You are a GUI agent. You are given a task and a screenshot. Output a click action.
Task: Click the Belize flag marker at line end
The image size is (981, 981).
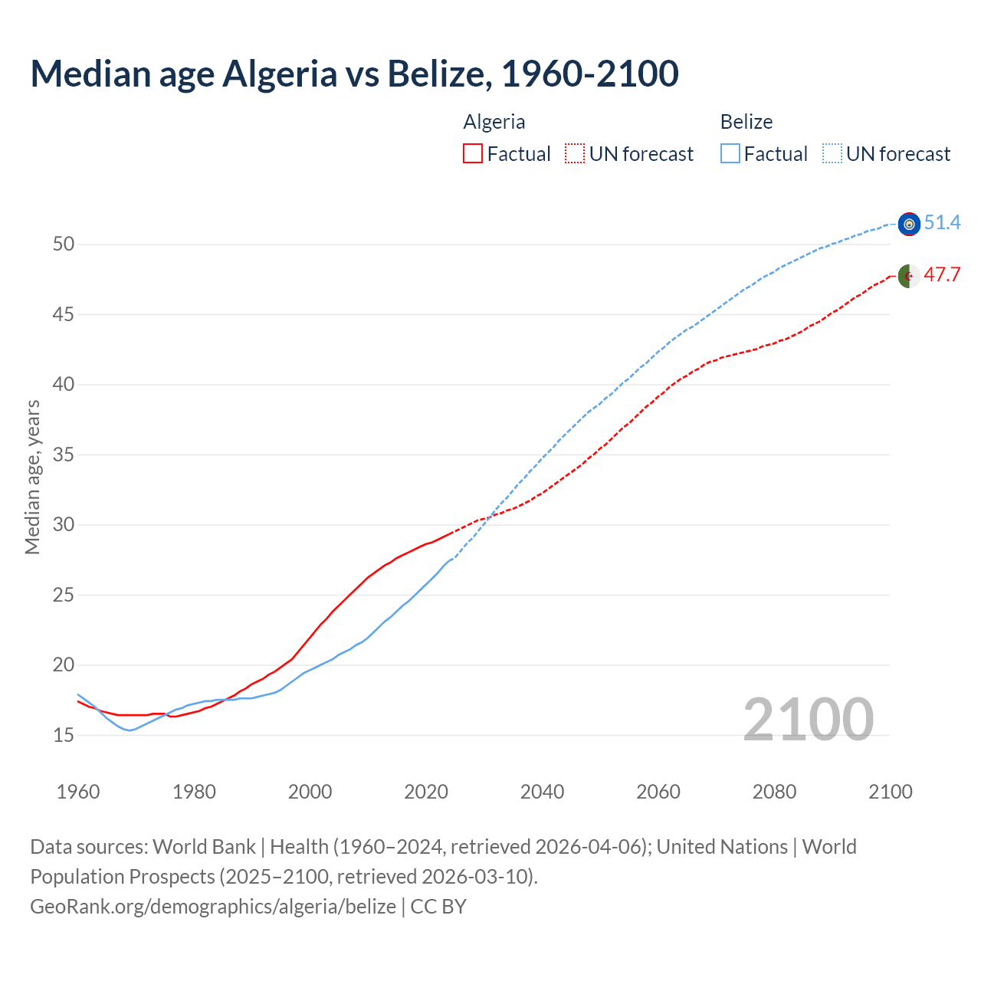909,224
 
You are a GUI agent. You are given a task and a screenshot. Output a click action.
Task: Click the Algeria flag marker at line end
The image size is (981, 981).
909,276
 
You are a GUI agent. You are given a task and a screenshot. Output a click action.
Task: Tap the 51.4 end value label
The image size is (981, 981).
942,223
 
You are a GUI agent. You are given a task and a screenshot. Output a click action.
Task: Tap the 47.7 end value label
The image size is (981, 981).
942,275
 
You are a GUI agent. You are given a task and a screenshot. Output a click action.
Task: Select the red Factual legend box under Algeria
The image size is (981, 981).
473,154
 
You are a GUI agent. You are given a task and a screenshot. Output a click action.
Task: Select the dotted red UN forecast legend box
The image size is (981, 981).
575,154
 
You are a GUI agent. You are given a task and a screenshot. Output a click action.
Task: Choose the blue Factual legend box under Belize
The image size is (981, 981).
730,154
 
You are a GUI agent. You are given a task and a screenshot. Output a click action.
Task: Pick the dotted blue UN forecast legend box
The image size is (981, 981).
832,154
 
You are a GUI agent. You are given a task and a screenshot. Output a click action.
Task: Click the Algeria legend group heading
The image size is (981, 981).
494,122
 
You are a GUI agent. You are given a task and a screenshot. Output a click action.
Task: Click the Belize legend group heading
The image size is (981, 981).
746,122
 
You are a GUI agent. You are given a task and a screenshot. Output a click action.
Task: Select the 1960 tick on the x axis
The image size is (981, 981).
78,792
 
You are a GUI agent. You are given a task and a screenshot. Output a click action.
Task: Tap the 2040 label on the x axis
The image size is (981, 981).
542,792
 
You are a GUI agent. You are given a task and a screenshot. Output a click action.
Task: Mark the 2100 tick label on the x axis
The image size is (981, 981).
890,792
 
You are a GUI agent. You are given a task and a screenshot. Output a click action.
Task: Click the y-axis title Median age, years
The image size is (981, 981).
32,477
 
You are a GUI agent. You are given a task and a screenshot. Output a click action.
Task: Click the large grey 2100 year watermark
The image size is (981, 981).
808,719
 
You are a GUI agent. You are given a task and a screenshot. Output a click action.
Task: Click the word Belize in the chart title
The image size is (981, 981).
435,74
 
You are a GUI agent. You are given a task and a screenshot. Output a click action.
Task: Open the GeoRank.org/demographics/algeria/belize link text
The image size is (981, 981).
213,907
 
